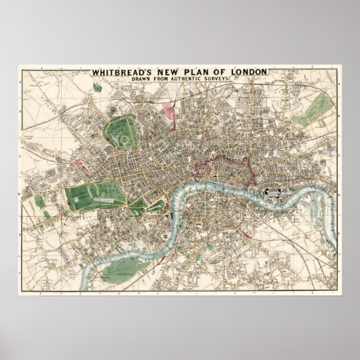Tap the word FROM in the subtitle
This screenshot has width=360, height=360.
pyautogui.click(x=171, y=81)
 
